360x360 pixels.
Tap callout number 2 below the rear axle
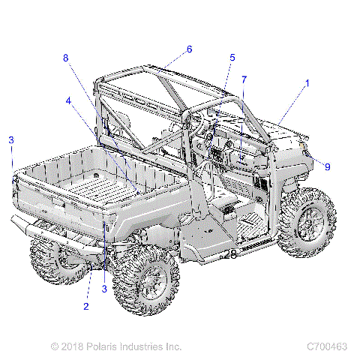tap(86, 306)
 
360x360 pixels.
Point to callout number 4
tap(68, 100)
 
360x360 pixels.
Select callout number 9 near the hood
tap(327, 166)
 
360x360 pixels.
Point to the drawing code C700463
tap(327, 346)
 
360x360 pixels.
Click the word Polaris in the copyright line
tap(106, 346)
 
